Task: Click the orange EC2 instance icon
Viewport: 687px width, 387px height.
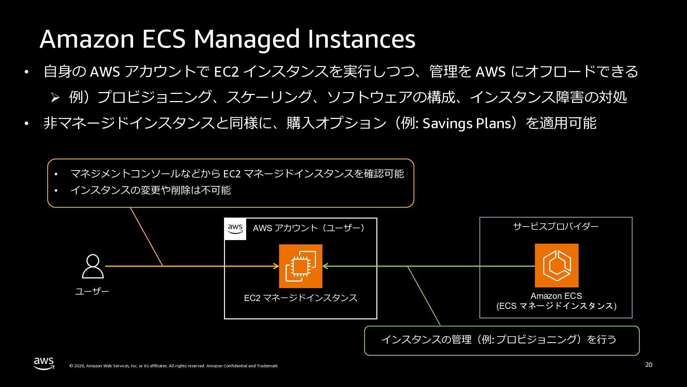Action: (301, 266)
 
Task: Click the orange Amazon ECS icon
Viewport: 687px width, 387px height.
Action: (556, 266)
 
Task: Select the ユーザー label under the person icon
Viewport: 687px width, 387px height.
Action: (92, 291)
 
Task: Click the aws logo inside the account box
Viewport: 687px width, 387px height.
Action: (235, 229)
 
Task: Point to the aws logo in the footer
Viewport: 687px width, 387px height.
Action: (44, 363)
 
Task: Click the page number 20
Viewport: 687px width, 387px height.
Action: (649, 365)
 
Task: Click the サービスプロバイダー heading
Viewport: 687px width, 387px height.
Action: (556, 226)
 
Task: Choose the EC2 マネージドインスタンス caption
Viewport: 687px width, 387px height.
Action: (301, 298)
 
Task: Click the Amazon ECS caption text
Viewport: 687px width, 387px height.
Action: (556, 296)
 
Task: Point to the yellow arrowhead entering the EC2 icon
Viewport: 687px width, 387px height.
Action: (277, 266)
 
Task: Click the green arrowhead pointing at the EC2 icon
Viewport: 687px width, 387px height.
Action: (325, 266)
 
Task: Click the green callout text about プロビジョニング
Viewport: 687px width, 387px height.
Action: (499, 339)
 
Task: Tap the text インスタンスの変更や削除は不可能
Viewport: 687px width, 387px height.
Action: (151, 190)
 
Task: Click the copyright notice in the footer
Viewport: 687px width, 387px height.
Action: (174, 366)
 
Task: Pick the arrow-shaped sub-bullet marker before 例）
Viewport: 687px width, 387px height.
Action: (55, 97)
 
